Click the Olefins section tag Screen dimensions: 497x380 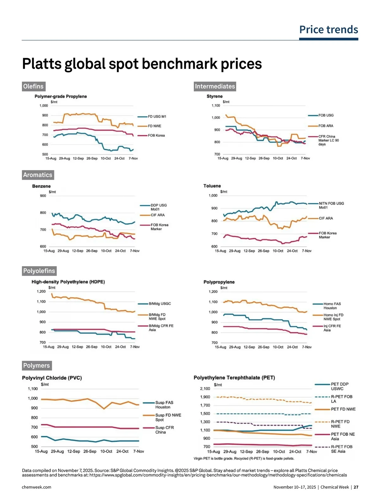(x=33, y=86)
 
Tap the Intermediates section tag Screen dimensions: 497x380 (x=215, y=86)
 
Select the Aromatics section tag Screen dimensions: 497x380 (x=37, y=175)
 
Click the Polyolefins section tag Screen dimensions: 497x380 (x=39, y=271)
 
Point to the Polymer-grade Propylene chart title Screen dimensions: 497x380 (x=60, y=96)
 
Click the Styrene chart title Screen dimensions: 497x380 (x=214, y=96)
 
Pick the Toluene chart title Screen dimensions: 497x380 (x=212, y=186)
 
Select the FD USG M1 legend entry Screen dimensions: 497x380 (x=157, y=116)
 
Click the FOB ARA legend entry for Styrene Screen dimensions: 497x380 (x=326, y=126)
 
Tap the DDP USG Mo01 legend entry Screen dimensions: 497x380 (x=158, y=207)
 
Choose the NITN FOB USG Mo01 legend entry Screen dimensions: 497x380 (x=331, y=205)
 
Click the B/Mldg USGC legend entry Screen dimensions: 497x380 (x=160, y=304)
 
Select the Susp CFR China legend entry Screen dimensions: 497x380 (x=164, y=430)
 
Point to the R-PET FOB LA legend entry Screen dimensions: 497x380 (x=341, y=399)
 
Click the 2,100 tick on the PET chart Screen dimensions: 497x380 (x=205, y=388)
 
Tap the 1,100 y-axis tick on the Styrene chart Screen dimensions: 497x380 (x=216, y=106)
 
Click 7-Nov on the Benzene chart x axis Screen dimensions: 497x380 (x=135, y=251)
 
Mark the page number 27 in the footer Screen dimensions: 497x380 (x=356, y=487)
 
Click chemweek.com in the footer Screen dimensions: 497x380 (x=36, y=487)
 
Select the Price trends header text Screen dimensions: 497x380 (x=328, y=30)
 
